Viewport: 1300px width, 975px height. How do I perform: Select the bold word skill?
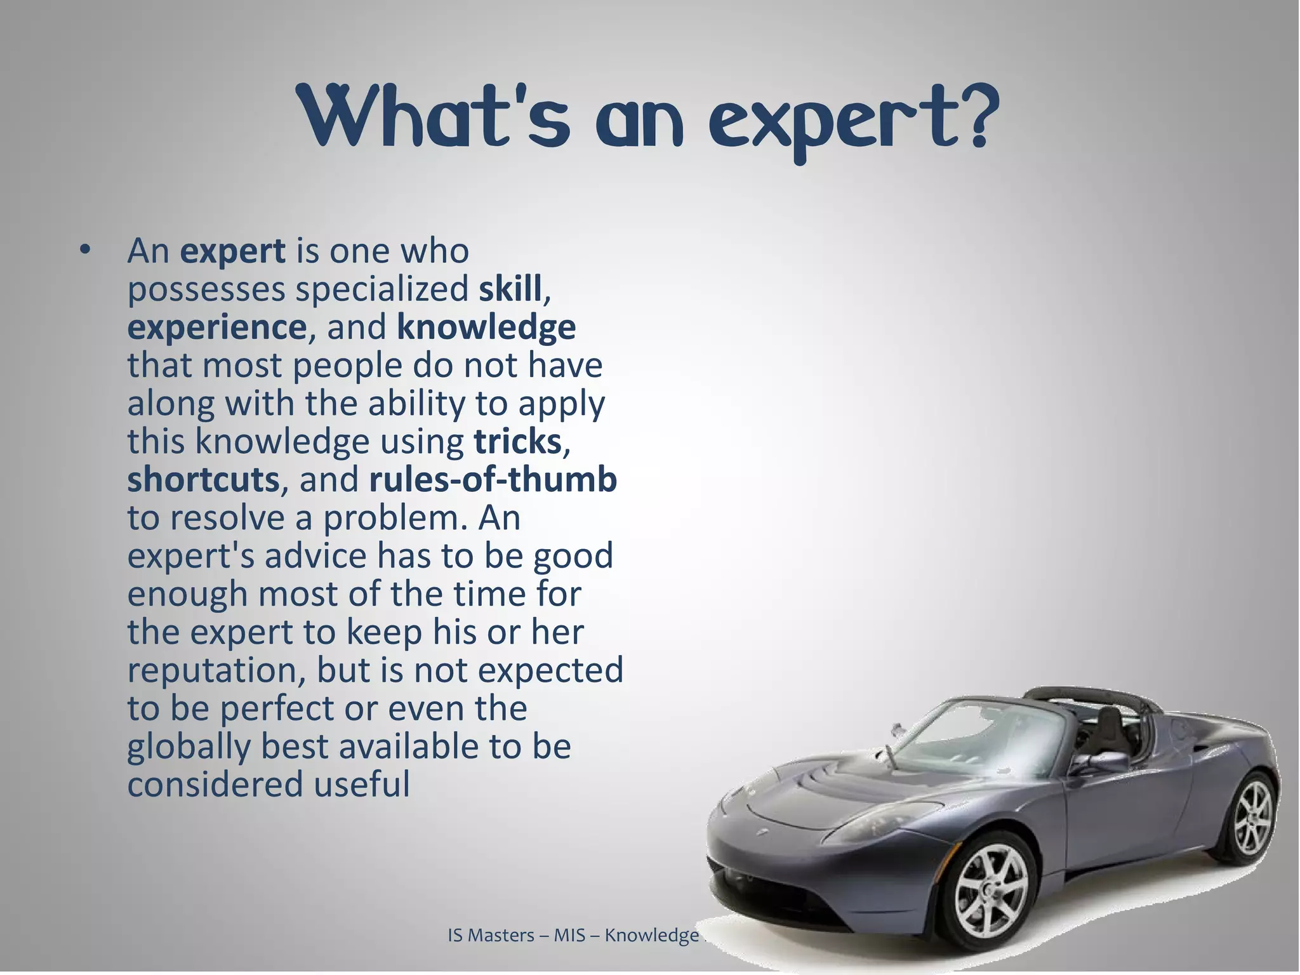coord(510,289)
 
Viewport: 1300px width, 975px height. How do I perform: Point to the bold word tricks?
coord(517,442)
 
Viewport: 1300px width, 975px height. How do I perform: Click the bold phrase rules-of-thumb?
coord(493,480)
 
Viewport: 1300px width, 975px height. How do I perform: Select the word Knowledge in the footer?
coord(651,936)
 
